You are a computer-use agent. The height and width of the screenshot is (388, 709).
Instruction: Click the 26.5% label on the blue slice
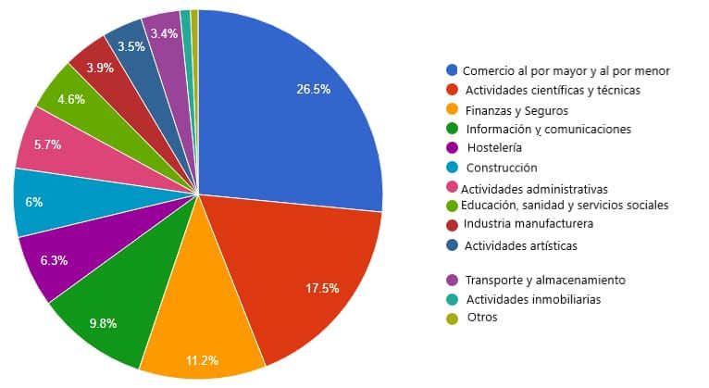pos(314,89)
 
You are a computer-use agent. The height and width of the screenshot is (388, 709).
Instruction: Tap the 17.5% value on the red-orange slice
pos(322,288)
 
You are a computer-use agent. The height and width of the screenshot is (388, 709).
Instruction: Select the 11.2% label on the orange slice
pos(202,360)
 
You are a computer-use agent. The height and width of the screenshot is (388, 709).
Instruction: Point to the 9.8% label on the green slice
pos(103,323)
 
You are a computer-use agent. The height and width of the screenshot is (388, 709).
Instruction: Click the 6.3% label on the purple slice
pos(54,260)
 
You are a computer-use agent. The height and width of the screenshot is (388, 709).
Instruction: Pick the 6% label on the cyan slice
pos(34,202)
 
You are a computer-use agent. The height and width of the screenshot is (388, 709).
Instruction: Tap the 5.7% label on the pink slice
pos(47,144)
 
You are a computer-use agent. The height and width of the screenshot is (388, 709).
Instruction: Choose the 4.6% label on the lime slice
pos(71,99)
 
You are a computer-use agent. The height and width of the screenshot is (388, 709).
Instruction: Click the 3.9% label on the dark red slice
pos(100,68)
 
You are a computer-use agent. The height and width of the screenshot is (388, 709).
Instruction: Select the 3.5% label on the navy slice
pos(131,46)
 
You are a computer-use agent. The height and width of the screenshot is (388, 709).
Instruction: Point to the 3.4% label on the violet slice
pos(164,33)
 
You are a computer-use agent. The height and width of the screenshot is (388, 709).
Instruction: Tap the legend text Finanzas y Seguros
pos(516,111)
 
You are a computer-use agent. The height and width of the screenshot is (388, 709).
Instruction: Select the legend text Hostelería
pos(494,147)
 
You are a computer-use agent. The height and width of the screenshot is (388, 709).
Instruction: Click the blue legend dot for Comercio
pos(452,69)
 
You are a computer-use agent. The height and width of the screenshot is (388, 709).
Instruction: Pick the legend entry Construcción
pos(502,168)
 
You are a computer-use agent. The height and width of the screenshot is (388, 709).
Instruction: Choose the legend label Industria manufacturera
pos(529,223)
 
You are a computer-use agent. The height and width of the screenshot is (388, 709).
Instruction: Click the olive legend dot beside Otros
pos(452,319)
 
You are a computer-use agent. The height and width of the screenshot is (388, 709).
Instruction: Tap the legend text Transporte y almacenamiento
pos(545,280)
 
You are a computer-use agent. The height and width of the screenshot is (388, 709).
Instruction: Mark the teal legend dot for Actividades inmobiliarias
pos(452,299)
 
